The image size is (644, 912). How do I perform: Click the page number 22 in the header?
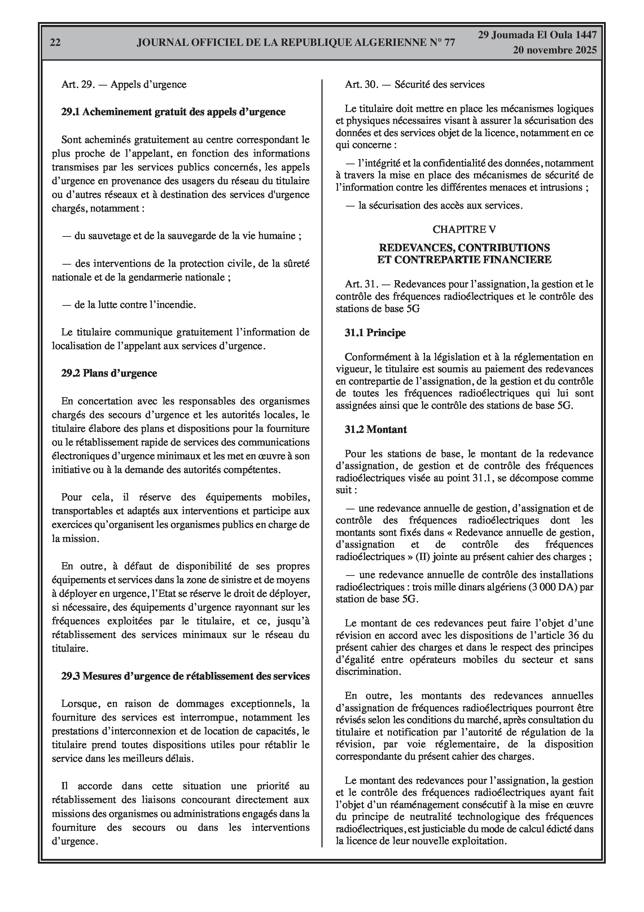point(55,43)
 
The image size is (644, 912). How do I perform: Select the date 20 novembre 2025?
point(554,50)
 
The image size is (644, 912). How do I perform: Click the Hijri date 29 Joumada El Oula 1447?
point(537,35)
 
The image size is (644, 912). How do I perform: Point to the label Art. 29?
point(78,84)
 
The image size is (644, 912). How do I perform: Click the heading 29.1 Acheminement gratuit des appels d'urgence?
point(173,112)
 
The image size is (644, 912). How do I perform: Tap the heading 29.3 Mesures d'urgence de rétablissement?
point(185,676)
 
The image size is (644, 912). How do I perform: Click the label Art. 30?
point(361,84)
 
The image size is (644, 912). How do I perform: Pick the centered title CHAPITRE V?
point(464,229)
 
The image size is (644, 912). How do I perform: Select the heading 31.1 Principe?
point(375,333)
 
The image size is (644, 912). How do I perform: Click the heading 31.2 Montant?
point(376,429)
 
